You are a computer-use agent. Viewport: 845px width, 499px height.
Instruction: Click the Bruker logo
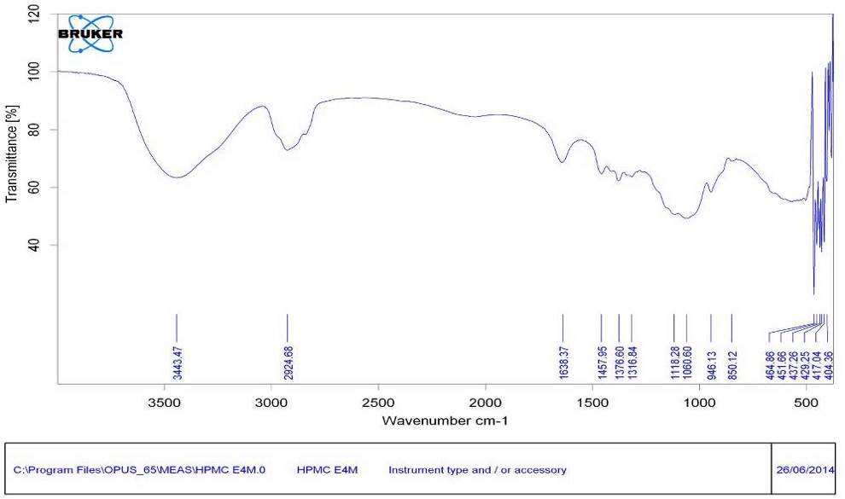coord(89,34)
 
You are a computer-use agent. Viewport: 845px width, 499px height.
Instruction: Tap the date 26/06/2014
coord(807,470)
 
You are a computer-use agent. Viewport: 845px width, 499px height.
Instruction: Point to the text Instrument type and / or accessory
coord(477,470)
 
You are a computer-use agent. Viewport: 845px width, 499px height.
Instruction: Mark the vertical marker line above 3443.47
coord(177,327)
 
